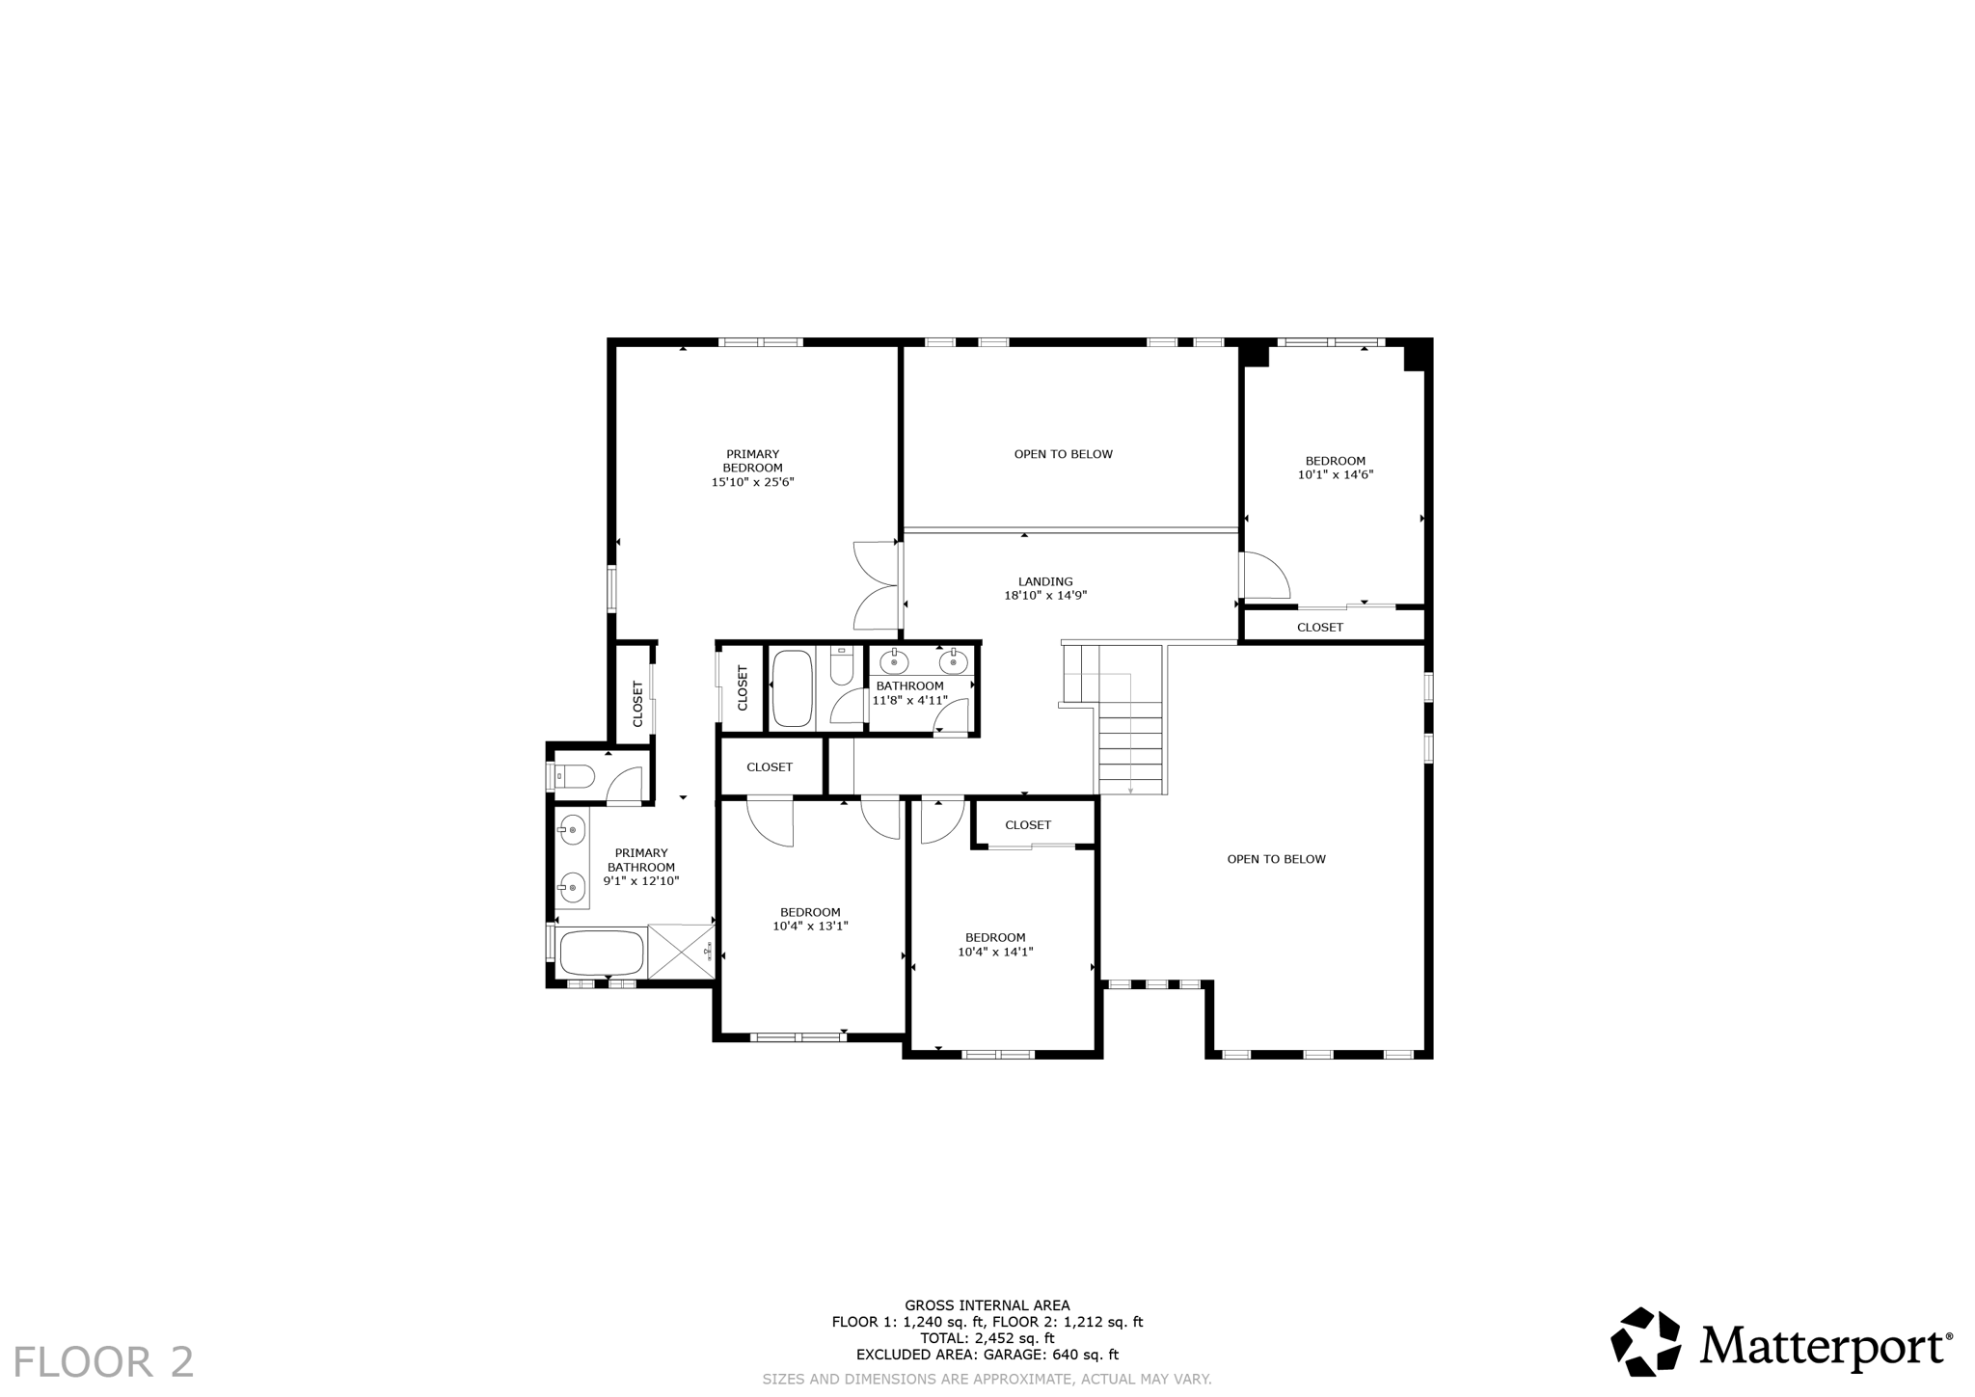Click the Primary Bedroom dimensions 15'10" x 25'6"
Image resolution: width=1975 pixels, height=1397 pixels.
(x=752, y=482)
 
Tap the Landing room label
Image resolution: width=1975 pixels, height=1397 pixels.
(x=1045, y=581)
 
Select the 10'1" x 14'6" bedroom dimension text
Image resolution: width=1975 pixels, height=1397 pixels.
(x=1335, y=474)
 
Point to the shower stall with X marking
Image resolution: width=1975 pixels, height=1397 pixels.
(x=681, y=952)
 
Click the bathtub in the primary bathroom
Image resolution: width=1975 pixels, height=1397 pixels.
(x=601, y=953)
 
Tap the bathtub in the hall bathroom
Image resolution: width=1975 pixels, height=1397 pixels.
(x=793, y=688)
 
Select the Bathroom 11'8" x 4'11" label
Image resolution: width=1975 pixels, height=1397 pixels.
(x=909, y=693)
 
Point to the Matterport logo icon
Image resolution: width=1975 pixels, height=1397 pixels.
(x=1646, y=1341)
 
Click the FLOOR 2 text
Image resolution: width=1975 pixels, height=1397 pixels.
(x=103, y=1362)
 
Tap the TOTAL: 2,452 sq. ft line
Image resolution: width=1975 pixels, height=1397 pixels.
(x=987, y=1338)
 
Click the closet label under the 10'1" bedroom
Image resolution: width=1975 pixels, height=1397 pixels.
(x=1319, y=628)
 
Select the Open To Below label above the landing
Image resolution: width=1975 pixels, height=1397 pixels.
(x=1063, y=454)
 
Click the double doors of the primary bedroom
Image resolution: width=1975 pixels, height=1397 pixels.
(x=877, y=585)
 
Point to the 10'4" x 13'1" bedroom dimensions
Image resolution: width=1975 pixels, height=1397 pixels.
(x=810, y=927)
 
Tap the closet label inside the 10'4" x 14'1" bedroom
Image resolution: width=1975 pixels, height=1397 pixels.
(x=1028, y=825)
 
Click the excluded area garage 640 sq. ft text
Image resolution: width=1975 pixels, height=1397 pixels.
(x=987, y=1355)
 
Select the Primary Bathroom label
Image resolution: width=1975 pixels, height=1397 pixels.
(x=641, y=860)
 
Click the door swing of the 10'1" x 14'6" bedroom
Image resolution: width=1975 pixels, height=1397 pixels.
(x=1264, y=576)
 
